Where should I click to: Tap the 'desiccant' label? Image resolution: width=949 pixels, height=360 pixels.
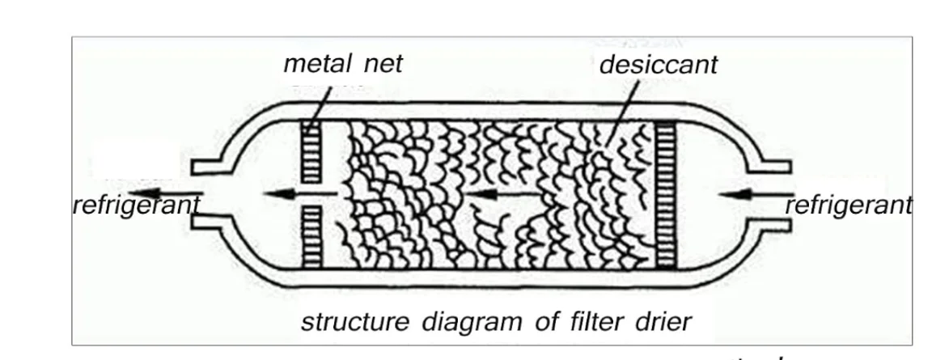tap(658, 65)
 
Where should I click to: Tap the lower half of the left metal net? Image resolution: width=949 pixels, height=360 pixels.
tap(311, 238)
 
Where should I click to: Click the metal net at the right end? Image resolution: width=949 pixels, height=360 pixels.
tap(666, 194)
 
